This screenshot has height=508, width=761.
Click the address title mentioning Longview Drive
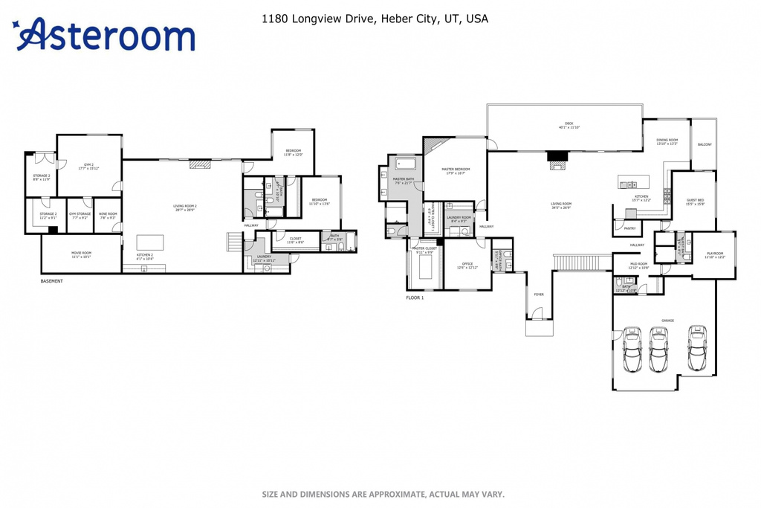pyautogui.click(x=375, y=19)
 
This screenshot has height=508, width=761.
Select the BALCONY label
pyautogui.click(x=704, y=144)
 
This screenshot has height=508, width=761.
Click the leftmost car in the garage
pyautogui.click(x=632, y=350)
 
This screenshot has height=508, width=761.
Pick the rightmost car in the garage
pyautogui.click(x=696, y=348)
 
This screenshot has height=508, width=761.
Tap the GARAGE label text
pyautogui.click(x=667, y=321)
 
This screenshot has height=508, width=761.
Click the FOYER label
pyautogui.click(x=539, y=295)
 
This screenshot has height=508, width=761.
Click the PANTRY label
pyautogui.click(x=629, y=228)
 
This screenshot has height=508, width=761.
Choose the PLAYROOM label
pyautogui.click(x=714, y=254)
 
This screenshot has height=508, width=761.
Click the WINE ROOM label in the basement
pyautogui.click(x=108, y=215)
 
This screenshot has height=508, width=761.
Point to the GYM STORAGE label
pyautogui.click(x=80, y=215)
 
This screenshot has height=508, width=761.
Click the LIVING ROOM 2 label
pyautogui.click(x=184, y=207)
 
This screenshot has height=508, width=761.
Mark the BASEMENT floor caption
pyautogui.click(x=51, y=281)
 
